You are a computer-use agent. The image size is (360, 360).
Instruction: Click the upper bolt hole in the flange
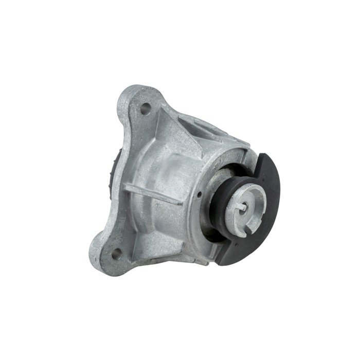pyautogui.click(x=146, y=109)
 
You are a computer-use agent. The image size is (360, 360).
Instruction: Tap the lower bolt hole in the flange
pyautogui.click(x=116, y=253)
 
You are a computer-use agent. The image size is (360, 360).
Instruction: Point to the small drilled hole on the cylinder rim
pyautogui.click(x=199, y=194)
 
